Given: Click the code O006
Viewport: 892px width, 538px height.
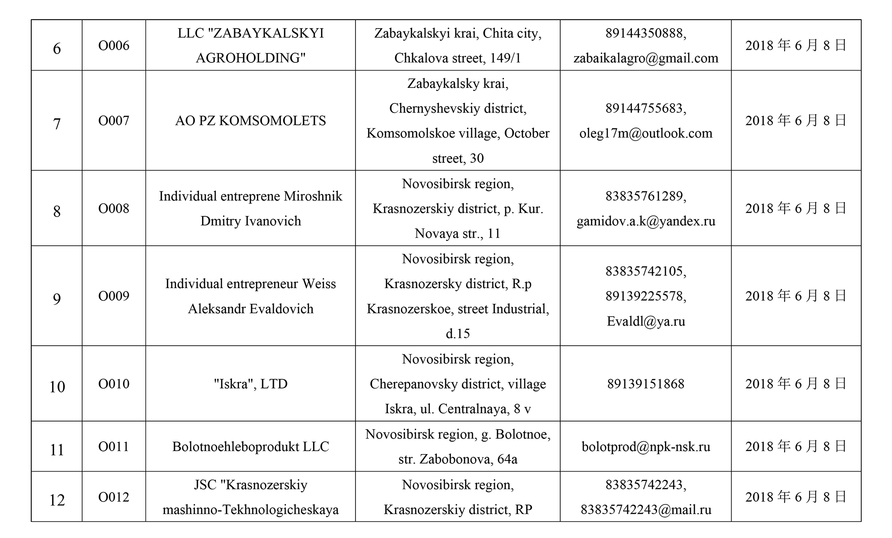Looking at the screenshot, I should [114, 46].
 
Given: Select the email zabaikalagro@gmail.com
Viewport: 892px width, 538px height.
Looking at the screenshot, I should [645, 58].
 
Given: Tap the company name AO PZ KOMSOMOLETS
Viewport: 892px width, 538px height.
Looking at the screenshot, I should [250, 121].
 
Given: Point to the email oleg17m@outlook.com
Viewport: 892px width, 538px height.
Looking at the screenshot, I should [645, 133].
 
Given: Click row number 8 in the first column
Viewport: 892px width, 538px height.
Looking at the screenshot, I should [57, 211].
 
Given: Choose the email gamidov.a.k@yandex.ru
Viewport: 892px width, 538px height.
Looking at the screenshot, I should [645, 221].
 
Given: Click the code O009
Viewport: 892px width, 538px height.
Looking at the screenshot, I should [114, 296].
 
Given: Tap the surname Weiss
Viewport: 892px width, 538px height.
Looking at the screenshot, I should [319, 284].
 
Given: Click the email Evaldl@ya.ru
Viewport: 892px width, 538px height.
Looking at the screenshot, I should [645, 321].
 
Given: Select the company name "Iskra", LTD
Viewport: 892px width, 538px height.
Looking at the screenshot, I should [250, 384].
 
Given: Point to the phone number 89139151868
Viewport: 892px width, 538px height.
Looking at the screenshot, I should [645, 384].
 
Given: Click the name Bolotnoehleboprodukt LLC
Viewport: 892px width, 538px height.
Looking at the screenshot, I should [250, 447].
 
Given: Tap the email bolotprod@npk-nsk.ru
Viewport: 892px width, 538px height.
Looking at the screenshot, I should [645, 447].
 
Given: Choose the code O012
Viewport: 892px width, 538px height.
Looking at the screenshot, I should [114, 497].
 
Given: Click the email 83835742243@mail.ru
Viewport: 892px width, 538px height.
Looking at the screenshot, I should [645, 509].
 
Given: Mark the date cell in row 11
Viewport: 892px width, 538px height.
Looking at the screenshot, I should [796, 447].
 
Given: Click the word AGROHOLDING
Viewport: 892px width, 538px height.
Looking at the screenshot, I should [250, 58].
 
